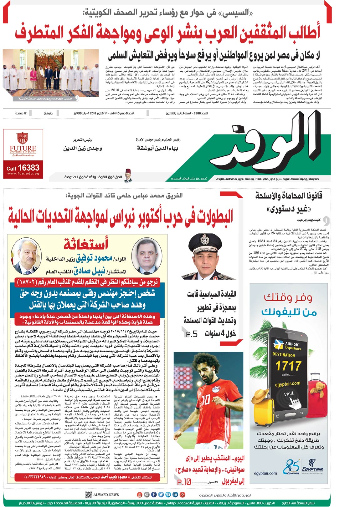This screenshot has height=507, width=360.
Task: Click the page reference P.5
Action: [x=192, y=334]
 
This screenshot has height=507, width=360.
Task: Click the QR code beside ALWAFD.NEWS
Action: [x=89, y=494]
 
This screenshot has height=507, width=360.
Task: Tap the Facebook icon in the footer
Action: [x=154, y=494]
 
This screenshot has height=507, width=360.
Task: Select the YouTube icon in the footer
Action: [x=140, y=494]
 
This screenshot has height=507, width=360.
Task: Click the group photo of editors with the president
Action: [x=51, y=74]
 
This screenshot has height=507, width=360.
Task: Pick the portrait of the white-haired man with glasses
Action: [x=27, y=256]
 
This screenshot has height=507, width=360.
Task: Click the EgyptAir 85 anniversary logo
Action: [x=291, y=467]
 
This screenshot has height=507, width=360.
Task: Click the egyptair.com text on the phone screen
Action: [x=287, y=384]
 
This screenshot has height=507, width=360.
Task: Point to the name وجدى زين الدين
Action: [x=82, y=148]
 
